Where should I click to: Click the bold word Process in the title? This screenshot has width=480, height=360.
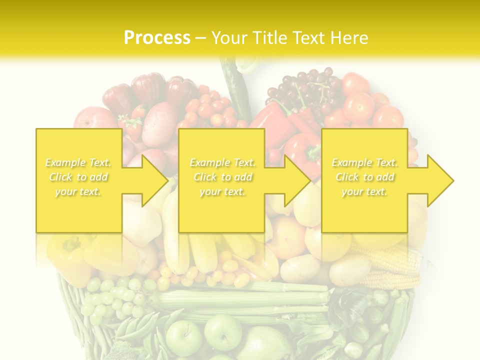[157, 38]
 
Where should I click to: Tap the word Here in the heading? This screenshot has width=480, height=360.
[349, 38]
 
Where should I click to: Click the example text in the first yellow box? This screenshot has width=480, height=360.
[78, 177]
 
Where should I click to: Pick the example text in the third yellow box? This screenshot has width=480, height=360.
[364, 177]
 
